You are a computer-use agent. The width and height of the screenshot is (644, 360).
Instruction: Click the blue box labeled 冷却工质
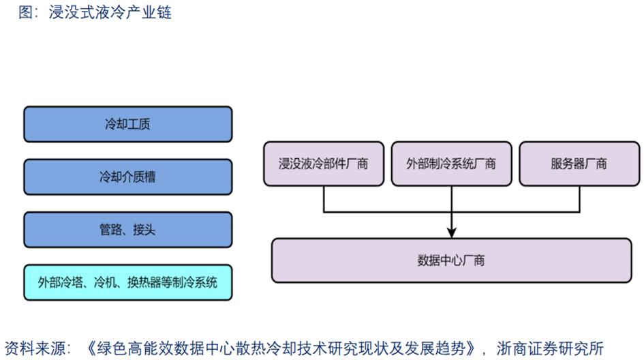point(127,124)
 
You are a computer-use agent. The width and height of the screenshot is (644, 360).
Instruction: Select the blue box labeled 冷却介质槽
point(127,177)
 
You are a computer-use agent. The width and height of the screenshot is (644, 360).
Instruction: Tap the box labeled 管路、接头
point(127,229)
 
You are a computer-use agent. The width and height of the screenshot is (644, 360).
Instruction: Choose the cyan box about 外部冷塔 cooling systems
point(127,282)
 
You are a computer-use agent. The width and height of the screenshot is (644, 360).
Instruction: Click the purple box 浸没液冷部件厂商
point(323,164)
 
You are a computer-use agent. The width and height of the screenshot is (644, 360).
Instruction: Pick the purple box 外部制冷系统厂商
point(450,164)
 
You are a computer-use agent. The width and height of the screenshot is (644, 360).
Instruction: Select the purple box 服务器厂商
point(579,164)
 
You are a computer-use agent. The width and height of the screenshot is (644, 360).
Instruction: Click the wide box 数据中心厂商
point(450,260)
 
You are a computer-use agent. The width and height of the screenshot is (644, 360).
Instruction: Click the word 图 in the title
point(25,12)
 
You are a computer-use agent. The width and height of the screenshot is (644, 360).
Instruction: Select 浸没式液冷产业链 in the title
point(110,12)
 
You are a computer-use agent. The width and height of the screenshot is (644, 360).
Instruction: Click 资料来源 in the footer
point(33,347)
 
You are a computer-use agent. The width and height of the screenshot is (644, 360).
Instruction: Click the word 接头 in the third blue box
point(144,230)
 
